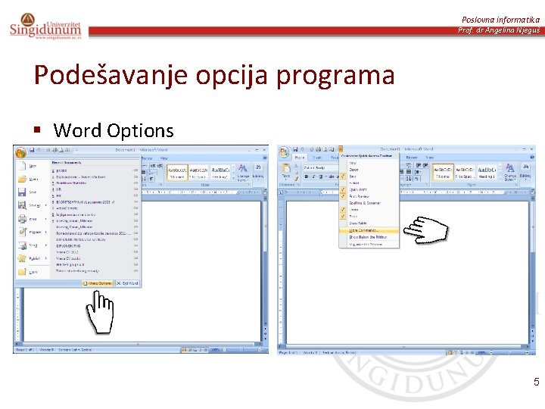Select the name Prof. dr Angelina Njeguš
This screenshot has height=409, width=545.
coord(499,30)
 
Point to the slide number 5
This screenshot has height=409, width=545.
coord(536,382)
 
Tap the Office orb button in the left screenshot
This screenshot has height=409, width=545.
coord(20,151)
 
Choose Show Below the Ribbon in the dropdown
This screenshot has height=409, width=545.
coord(365,237)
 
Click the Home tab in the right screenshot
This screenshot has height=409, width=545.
coord(300,158)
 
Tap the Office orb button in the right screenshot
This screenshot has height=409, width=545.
coord(285,151)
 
